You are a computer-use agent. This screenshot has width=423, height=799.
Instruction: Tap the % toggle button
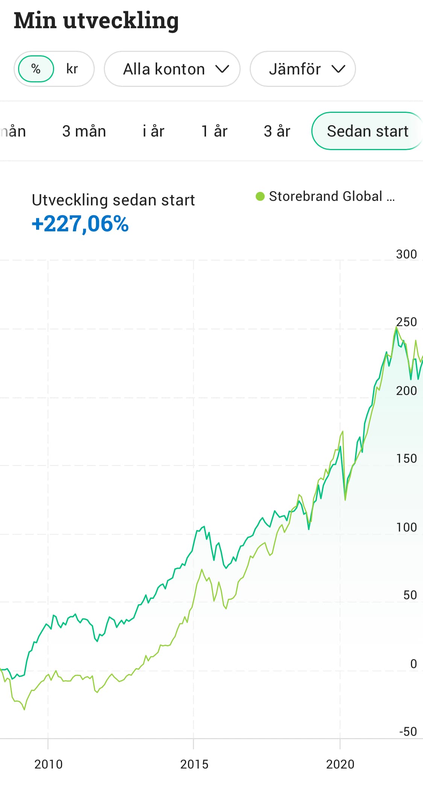click(x=36, y=69)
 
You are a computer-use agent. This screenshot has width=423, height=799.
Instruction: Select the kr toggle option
click(x=72, y=69)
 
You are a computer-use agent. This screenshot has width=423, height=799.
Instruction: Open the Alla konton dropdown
click(x=172, y=69)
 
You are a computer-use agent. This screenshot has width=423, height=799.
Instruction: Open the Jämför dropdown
click(x=303, y=69)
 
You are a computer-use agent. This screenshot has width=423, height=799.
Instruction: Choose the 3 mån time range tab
click(x=84, y=131)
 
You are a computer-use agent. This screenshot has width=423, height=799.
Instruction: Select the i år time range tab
click(x=153, y=131)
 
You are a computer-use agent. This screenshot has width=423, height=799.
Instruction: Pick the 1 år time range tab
click(x=214, y=131)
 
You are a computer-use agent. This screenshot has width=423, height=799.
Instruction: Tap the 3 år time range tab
click(x=277, y=131)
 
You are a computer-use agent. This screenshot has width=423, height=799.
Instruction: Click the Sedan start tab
click(x=367, y=131)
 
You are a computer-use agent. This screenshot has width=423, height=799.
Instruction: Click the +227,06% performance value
click(x=80, y=224)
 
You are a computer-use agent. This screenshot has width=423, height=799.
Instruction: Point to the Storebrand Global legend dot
click(x=260, y=196)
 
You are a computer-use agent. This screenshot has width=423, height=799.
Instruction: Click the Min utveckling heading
click(x=96, y=21)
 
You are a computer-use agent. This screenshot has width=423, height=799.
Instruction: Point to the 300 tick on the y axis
click(x=406, y=254)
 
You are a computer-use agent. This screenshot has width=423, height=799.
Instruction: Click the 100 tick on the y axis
click(x=406, y=527)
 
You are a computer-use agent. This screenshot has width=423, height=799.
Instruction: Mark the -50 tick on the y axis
click(x=408, y=732)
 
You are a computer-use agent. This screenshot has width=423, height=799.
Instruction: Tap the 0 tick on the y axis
click(x=413, y=664)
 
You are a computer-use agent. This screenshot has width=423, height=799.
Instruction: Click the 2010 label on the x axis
click(x=48, y=764)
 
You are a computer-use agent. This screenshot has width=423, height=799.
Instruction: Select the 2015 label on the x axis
click(x=194, y=764)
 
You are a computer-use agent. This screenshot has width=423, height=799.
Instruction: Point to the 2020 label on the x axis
click(x=340, y=764)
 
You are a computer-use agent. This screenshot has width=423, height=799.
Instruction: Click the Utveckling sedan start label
click(x=113, y=200)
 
